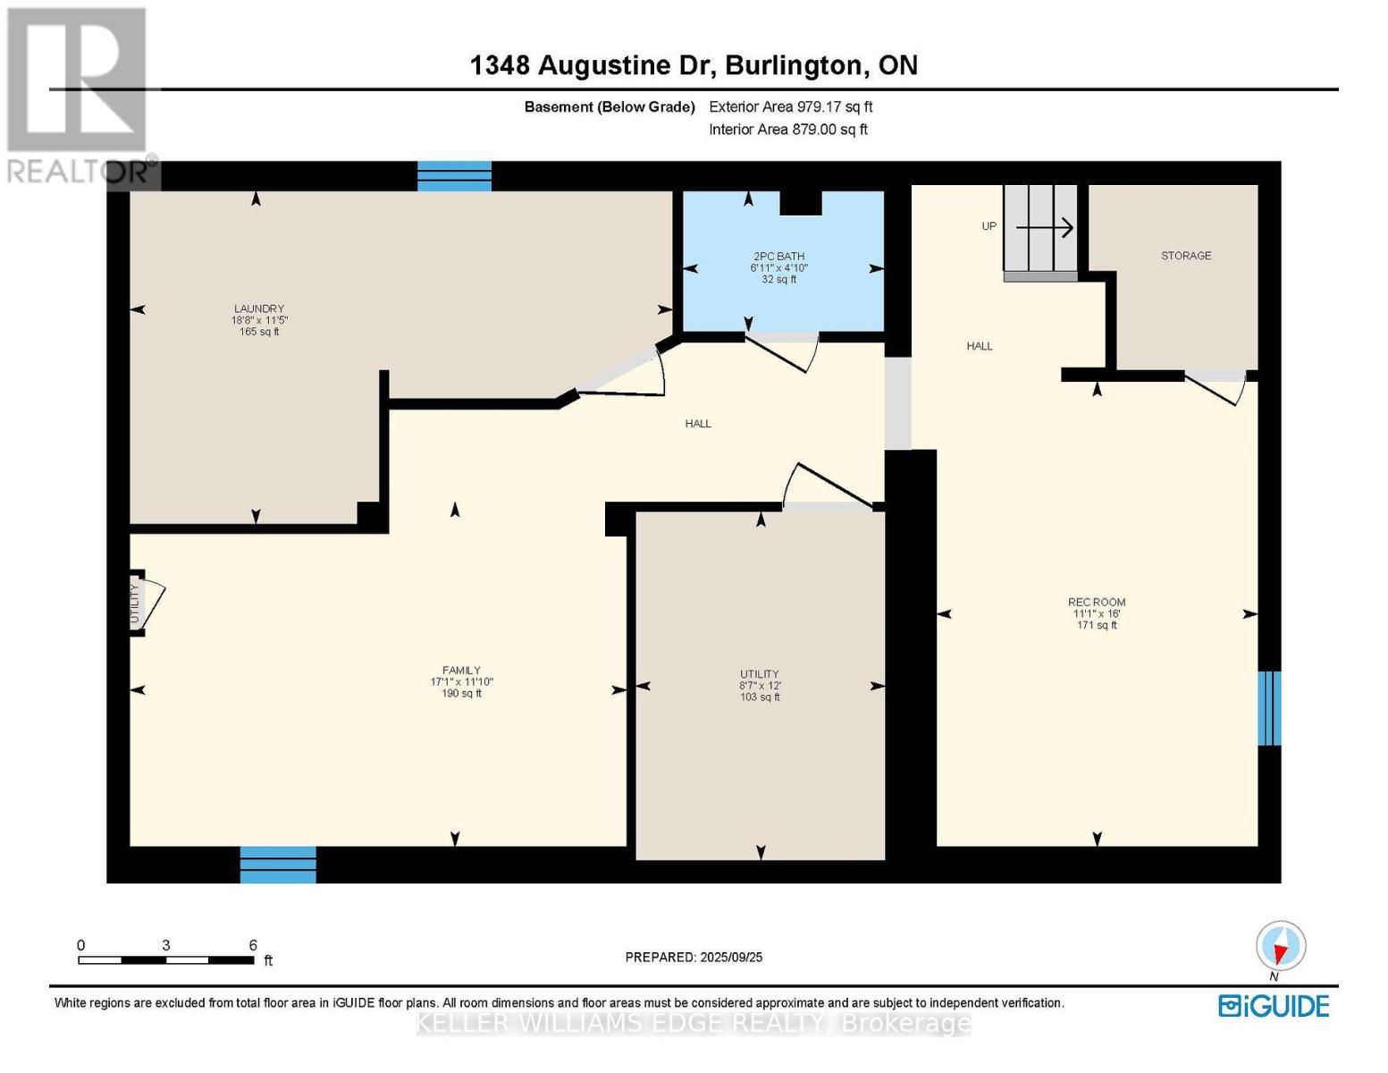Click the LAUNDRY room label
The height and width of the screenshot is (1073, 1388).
[x=259, y=309]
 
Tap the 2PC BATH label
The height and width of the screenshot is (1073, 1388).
[x=778, y=257]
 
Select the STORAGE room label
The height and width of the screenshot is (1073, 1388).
[x=1186, y=256]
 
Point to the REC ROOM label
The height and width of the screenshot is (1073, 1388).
[x=1097, y=603]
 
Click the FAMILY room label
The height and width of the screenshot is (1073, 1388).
[x=461, y=671]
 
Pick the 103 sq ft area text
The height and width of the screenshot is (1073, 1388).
[x=760, y=697]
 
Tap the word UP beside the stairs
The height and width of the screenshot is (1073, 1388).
[x=988, y=226]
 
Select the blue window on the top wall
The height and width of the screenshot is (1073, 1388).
[x=454, y=176]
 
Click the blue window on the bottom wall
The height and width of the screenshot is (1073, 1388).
[x=278, y=865]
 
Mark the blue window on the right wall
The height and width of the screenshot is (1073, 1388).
[x=1269, y=708]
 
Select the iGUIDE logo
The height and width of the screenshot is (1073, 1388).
[x=1274, y=1006]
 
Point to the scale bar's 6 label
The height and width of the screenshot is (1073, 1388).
[x=253, y=945]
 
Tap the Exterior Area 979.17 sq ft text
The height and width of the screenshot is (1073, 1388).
[x=790, y=106]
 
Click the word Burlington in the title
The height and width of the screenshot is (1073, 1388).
[x=794, y=65]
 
